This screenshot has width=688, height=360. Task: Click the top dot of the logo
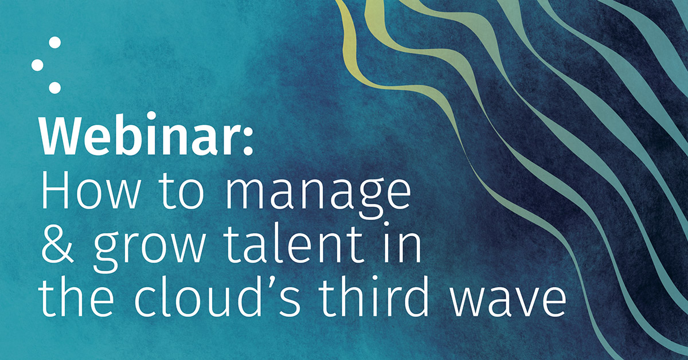click(x=55, y=42)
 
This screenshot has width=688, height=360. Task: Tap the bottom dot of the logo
click(x=55, y=87)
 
